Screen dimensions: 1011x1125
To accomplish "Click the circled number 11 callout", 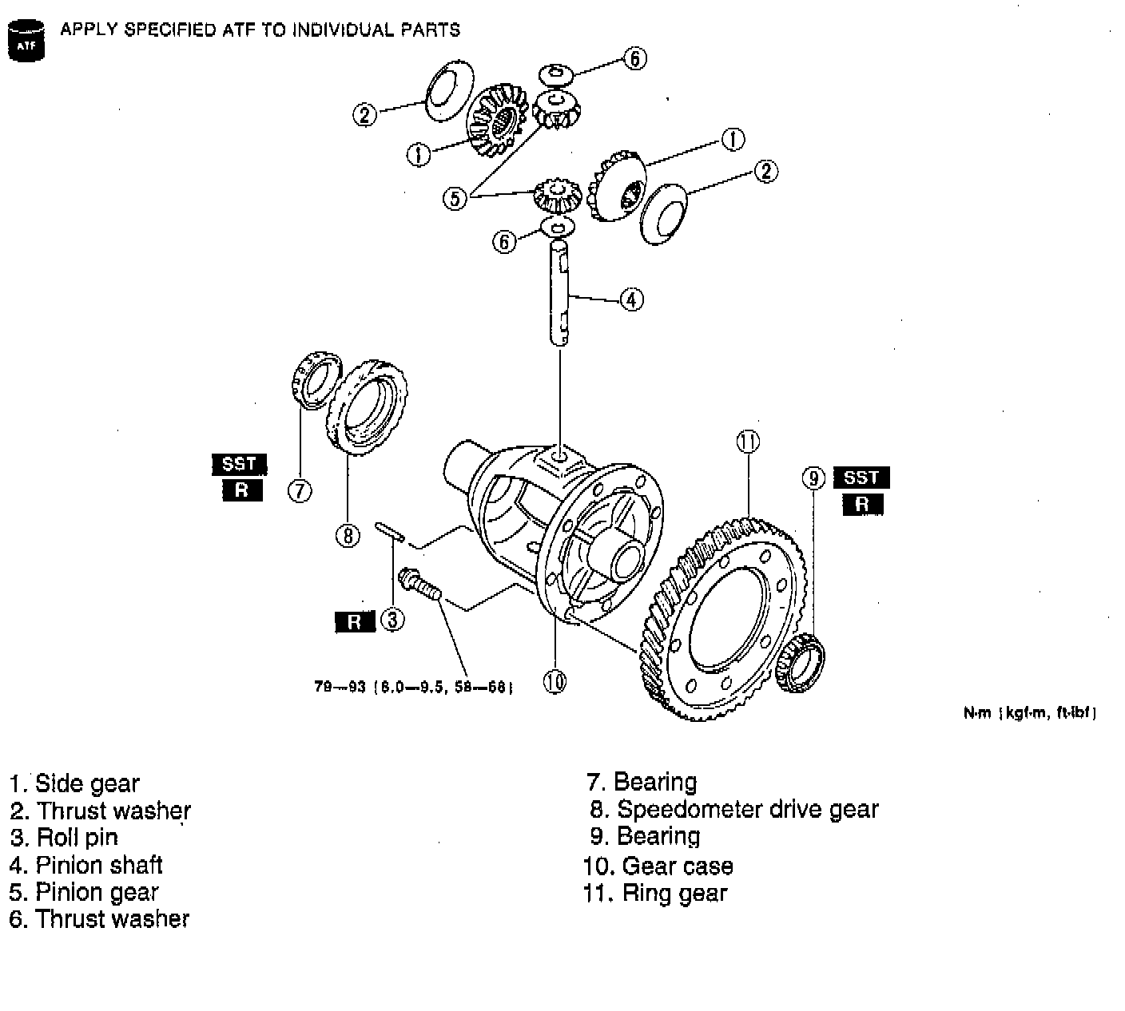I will tap(747, 442).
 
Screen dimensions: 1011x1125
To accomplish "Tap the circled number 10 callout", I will tap(555, 680).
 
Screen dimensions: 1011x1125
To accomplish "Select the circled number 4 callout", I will tap(631, 299).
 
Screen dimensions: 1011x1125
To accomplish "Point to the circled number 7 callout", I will tap(300, 490).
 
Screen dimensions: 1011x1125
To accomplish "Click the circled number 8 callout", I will tap(348, 535).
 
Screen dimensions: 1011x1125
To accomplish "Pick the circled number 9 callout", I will tap(813, 478).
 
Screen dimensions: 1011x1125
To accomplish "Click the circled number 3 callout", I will tap(392, 620).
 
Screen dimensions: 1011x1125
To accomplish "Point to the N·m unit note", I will tap(1030, 713).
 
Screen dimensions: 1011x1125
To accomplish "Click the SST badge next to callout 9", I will tap(861, 478).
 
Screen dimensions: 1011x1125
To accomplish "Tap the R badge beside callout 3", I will tap(354, 621).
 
